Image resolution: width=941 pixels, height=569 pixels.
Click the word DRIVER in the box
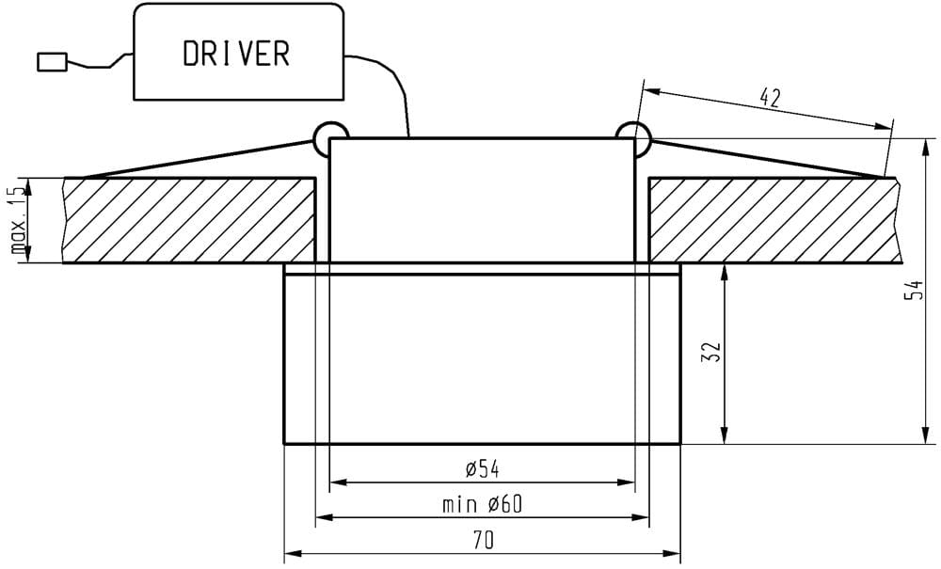click(x=236, y=54)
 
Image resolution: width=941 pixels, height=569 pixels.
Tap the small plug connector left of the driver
click(x=52, y=62)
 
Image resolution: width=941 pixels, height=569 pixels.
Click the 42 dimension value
click(x=770, y=97)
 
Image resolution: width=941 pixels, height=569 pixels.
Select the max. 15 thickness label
click(x=20, y=219)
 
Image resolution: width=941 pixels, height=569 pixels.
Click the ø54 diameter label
click(x=482, y=469)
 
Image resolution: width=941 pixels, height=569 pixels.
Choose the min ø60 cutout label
click(x=482, y=505)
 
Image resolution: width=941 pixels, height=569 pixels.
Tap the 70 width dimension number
click(x=483, y=541)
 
